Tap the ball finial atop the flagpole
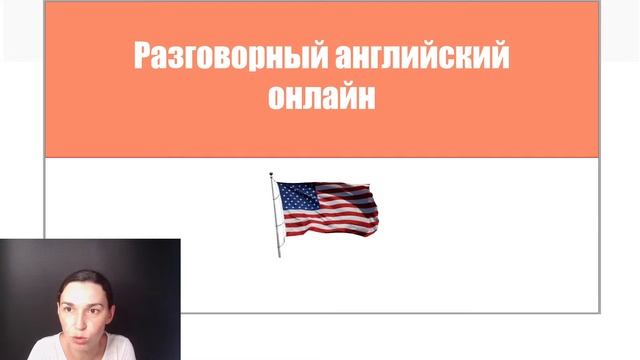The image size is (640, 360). click(271, 176)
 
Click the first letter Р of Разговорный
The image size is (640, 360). click(141, 56)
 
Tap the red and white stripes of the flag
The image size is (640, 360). click(345, 215)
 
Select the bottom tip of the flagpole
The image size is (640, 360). click(280, 256)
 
